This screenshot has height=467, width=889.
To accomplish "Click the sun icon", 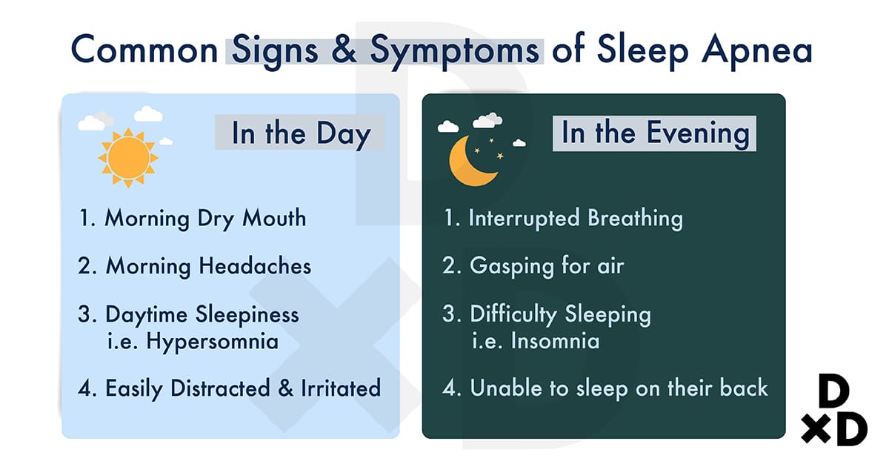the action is (x=128, y=158).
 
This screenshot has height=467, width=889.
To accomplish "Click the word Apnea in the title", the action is (x=757, y=51).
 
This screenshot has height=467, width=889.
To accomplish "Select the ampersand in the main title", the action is (x=344, y=49).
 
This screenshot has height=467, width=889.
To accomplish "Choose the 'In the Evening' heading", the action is (x=655, y=133).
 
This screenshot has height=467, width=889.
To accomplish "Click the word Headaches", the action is (x=255, y=265).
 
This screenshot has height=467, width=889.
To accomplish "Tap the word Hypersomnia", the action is (x=213, y=342).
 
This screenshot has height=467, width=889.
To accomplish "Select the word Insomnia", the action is (x=555, y=341).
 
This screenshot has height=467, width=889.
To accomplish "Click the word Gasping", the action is (x=512, y=266).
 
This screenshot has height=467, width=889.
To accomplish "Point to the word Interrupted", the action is (x=524, y=219).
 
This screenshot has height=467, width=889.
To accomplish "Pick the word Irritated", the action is (x=341, y=388).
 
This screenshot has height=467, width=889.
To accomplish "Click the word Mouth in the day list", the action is (x=274, y=218).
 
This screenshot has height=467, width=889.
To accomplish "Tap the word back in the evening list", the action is (x=744, y=388).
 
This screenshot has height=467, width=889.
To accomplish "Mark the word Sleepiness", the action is (x=247, y=315).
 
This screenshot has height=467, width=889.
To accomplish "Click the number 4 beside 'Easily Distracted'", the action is (x=86, y=388).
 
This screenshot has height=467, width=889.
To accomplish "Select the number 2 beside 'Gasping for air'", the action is (x=450, y=265).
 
